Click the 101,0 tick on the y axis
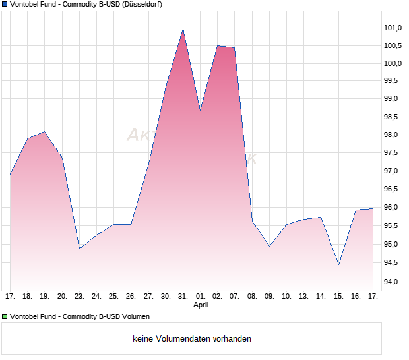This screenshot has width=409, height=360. (393, 28)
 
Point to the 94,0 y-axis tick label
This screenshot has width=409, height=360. (393, 282)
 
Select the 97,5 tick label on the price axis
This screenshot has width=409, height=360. (393, 153)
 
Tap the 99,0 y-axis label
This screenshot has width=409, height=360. (393, 99)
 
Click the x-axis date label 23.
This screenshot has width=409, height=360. (79, 296)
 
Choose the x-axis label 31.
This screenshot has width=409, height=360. (183, 296)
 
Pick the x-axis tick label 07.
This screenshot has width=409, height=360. (234, 296)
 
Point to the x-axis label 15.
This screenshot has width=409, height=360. (338, 296)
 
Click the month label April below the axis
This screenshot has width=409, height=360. (201, 305)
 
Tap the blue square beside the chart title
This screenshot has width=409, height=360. (5, 4)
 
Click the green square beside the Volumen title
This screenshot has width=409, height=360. (5, 317)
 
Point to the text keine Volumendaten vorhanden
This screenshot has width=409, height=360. (192, 339)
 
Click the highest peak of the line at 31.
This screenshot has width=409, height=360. (183, 29)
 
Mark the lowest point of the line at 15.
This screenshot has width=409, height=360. (338, 264)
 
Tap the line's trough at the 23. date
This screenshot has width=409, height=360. (79, 249)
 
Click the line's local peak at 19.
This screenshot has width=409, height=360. (44, 132)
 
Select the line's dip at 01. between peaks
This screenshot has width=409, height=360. (200, 110)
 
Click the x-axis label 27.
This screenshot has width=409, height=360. (148, 296)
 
